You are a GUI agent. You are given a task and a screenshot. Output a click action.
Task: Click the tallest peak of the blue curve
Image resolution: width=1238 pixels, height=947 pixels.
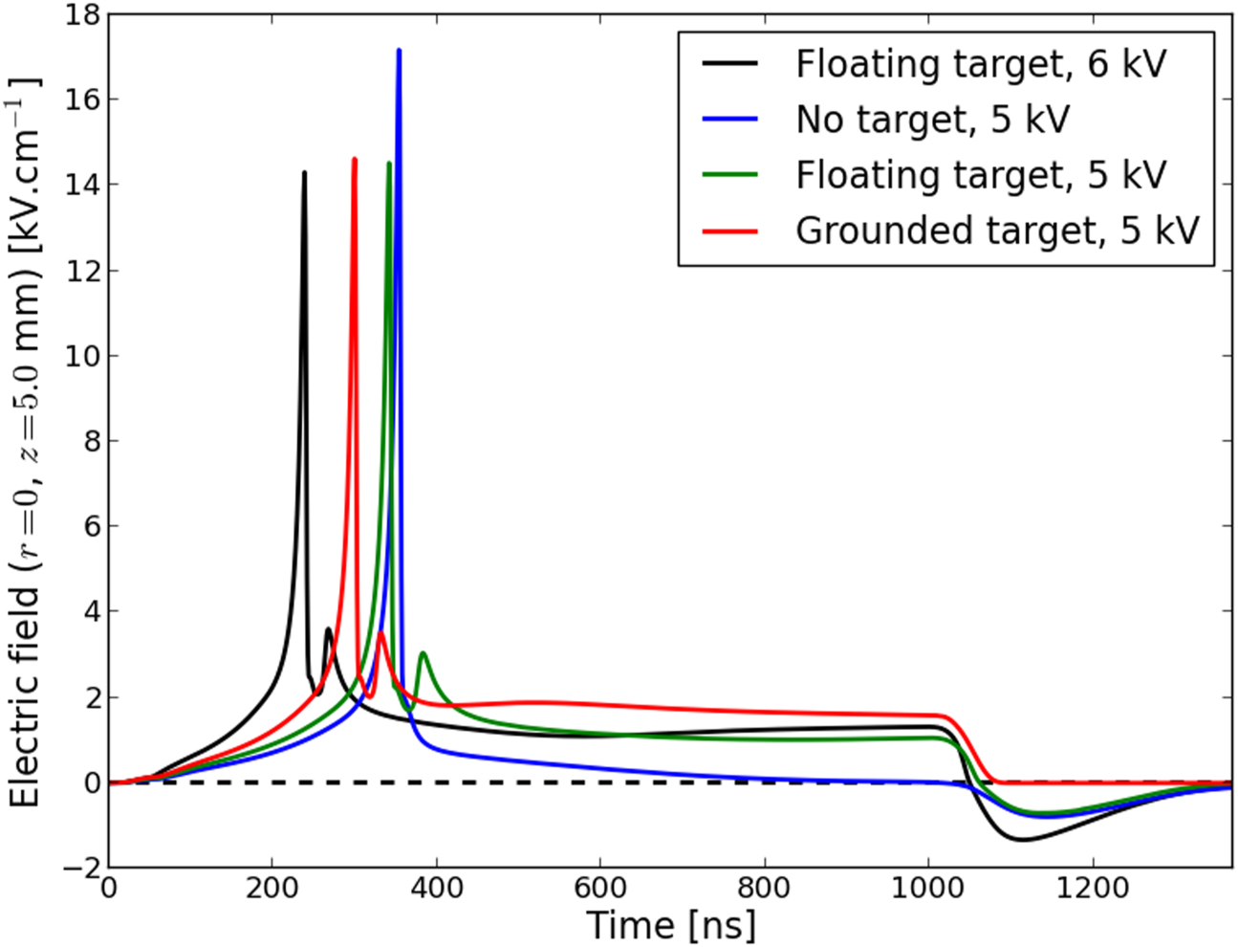point(399,51)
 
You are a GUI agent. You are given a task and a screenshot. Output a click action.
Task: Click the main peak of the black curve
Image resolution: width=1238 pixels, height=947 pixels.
point(304,173)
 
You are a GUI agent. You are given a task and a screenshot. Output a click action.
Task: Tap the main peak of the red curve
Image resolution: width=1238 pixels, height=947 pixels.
point(355,160)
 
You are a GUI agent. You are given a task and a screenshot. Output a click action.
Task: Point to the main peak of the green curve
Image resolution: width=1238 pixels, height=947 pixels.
point(388,164)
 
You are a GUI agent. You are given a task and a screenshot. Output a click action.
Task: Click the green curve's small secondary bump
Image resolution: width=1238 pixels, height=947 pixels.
point(423,653)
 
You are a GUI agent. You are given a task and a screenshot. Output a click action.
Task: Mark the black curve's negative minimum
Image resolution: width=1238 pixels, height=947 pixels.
point(1023,840)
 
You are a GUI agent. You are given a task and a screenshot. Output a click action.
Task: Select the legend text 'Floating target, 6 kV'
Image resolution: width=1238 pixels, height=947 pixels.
point(981,64)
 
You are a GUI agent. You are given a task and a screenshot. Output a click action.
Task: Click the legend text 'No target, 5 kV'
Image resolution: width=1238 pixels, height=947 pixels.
point(932,120)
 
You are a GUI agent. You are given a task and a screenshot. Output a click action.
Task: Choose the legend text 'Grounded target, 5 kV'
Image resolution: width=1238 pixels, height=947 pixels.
point(997,231)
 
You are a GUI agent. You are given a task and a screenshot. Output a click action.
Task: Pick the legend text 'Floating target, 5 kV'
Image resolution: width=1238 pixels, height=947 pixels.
point(981,175)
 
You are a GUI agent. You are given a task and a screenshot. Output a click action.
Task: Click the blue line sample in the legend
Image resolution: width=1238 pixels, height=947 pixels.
point(730,120)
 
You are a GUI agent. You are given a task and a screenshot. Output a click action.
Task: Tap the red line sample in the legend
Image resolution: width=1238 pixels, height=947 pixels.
point(730,231)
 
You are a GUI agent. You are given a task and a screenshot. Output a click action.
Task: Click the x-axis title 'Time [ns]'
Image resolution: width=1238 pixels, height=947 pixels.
point(670,925)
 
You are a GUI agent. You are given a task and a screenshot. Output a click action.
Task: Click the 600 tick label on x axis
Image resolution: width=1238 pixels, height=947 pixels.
point(600,888)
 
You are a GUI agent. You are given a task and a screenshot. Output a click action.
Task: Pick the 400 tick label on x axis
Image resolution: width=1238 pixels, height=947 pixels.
point(436,888)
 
